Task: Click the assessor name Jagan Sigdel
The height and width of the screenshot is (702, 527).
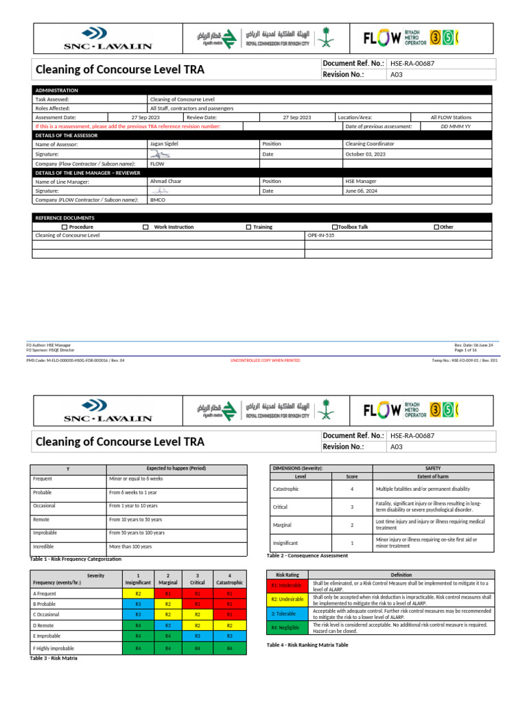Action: coord(165,145)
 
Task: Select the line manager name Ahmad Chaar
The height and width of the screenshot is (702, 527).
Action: coord(164,182)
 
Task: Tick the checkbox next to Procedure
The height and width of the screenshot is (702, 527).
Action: coord(65,227)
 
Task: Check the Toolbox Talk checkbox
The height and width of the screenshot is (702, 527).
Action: coord(334,227)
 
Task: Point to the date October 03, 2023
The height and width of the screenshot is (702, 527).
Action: coord(365,154)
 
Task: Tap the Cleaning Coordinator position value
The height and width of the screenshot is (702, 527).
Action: coord(369,145)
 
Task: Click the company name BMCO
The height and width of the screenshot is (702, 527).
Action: coord(157,199)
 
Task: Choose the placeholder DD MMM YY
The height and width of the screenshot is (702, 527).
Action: coord(456,126)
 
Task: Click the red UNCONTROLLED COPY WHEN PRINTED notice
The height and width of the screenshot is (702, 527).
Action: coord(264,360)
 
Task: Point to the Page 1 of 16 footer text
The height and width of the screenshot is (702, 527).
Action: coord(469,350)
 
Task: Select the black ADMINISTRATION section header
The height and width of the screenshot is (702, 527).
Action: coord(56,90)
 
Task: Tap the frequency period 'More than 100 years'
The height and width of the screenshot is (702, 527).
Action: coord(130,546)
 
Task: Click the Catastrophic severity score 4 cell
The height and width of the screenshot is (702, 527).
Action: coord(351,489)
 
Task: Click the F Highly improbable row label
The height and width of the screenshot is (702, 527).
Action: coord(54,648)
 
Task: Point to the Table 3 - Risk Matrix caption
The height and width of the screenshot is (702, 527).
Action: coord(54,658)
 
